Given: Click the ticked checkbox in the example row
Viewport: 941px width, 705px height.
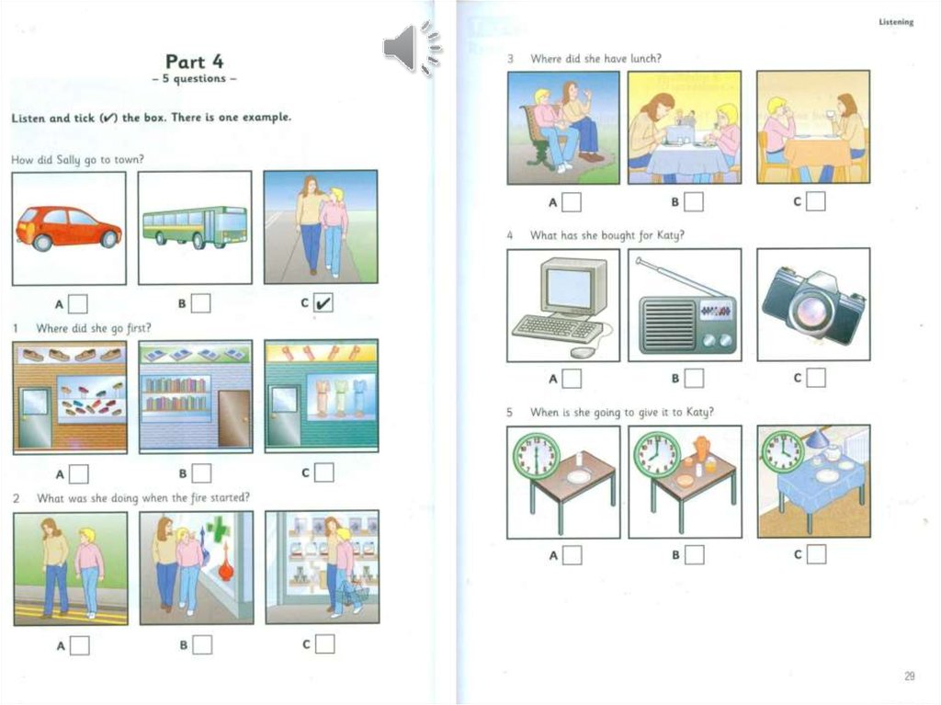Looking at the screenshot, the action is pos(323,303).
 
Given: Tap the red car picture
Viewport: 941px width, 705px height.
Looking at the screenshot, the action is pos(69,228).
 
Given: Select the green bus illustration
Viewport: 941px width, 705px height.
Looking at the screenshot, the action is pos(195,228).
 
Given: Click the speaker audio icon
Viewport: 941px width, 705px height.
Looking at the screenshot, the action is pos(412,48).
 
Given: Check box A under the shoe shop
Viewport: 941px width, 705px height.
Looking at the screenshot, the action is pos(79,473).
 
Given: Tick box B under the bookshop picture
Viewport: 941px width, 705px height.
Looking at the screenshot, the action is pos(201,473).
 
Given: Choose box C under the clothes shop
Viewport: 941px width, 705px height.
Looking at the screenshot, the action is pos(324,472).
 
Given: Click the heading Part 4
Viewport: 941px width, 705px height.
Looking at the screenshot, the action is pos(195,62).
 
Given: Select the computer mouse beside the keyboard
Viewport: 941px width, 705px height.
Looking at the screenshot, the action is pos(581,353).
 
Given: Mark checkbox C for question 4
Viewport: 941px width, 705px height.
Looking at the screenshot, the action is pos(816,377).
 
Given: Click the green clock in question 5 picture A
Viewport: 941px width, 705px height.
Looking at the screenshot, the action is pos(537,456).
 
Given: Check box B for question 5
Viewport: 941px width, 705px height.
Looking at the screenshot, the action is pos(695,554).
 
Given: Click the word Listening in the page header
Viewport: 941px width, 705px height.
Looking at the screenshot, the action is pos(896,22).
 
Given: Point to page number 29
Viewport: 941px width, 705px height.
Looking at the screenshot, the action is pos(910,677).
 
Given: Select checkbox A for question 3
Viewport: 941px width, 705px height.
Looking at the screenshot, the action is pos(572,202).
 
